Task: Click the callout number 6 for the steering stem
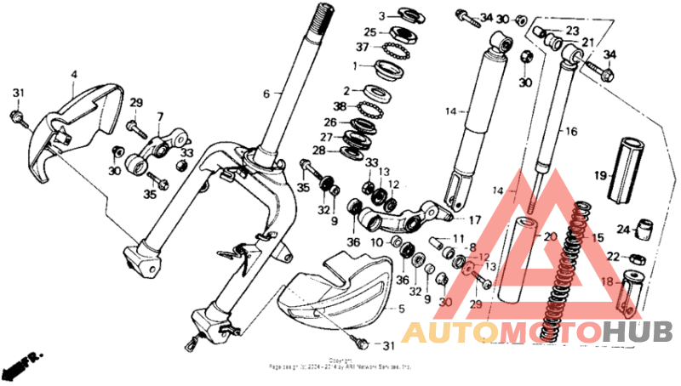click(x=266, y=94)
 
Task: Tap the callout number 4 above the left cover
click(x=73, y=75)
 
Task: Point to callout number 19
click(x=599, y=176)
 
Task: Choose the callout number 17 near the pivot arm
click(x=474, y=219)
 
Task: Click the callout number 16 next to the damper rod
click(x=570, y=132)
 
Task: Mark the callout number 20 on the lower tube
click(x=549, y=237)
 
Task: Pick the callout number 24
click(x=622, y=229)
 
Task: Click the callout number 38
click(x=340, y=106)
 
